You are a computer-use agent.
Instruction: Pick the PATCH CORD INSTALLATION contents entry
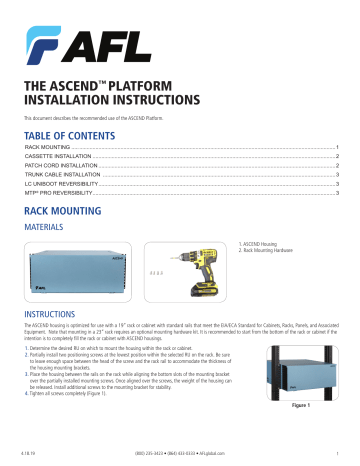point(61,168)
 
